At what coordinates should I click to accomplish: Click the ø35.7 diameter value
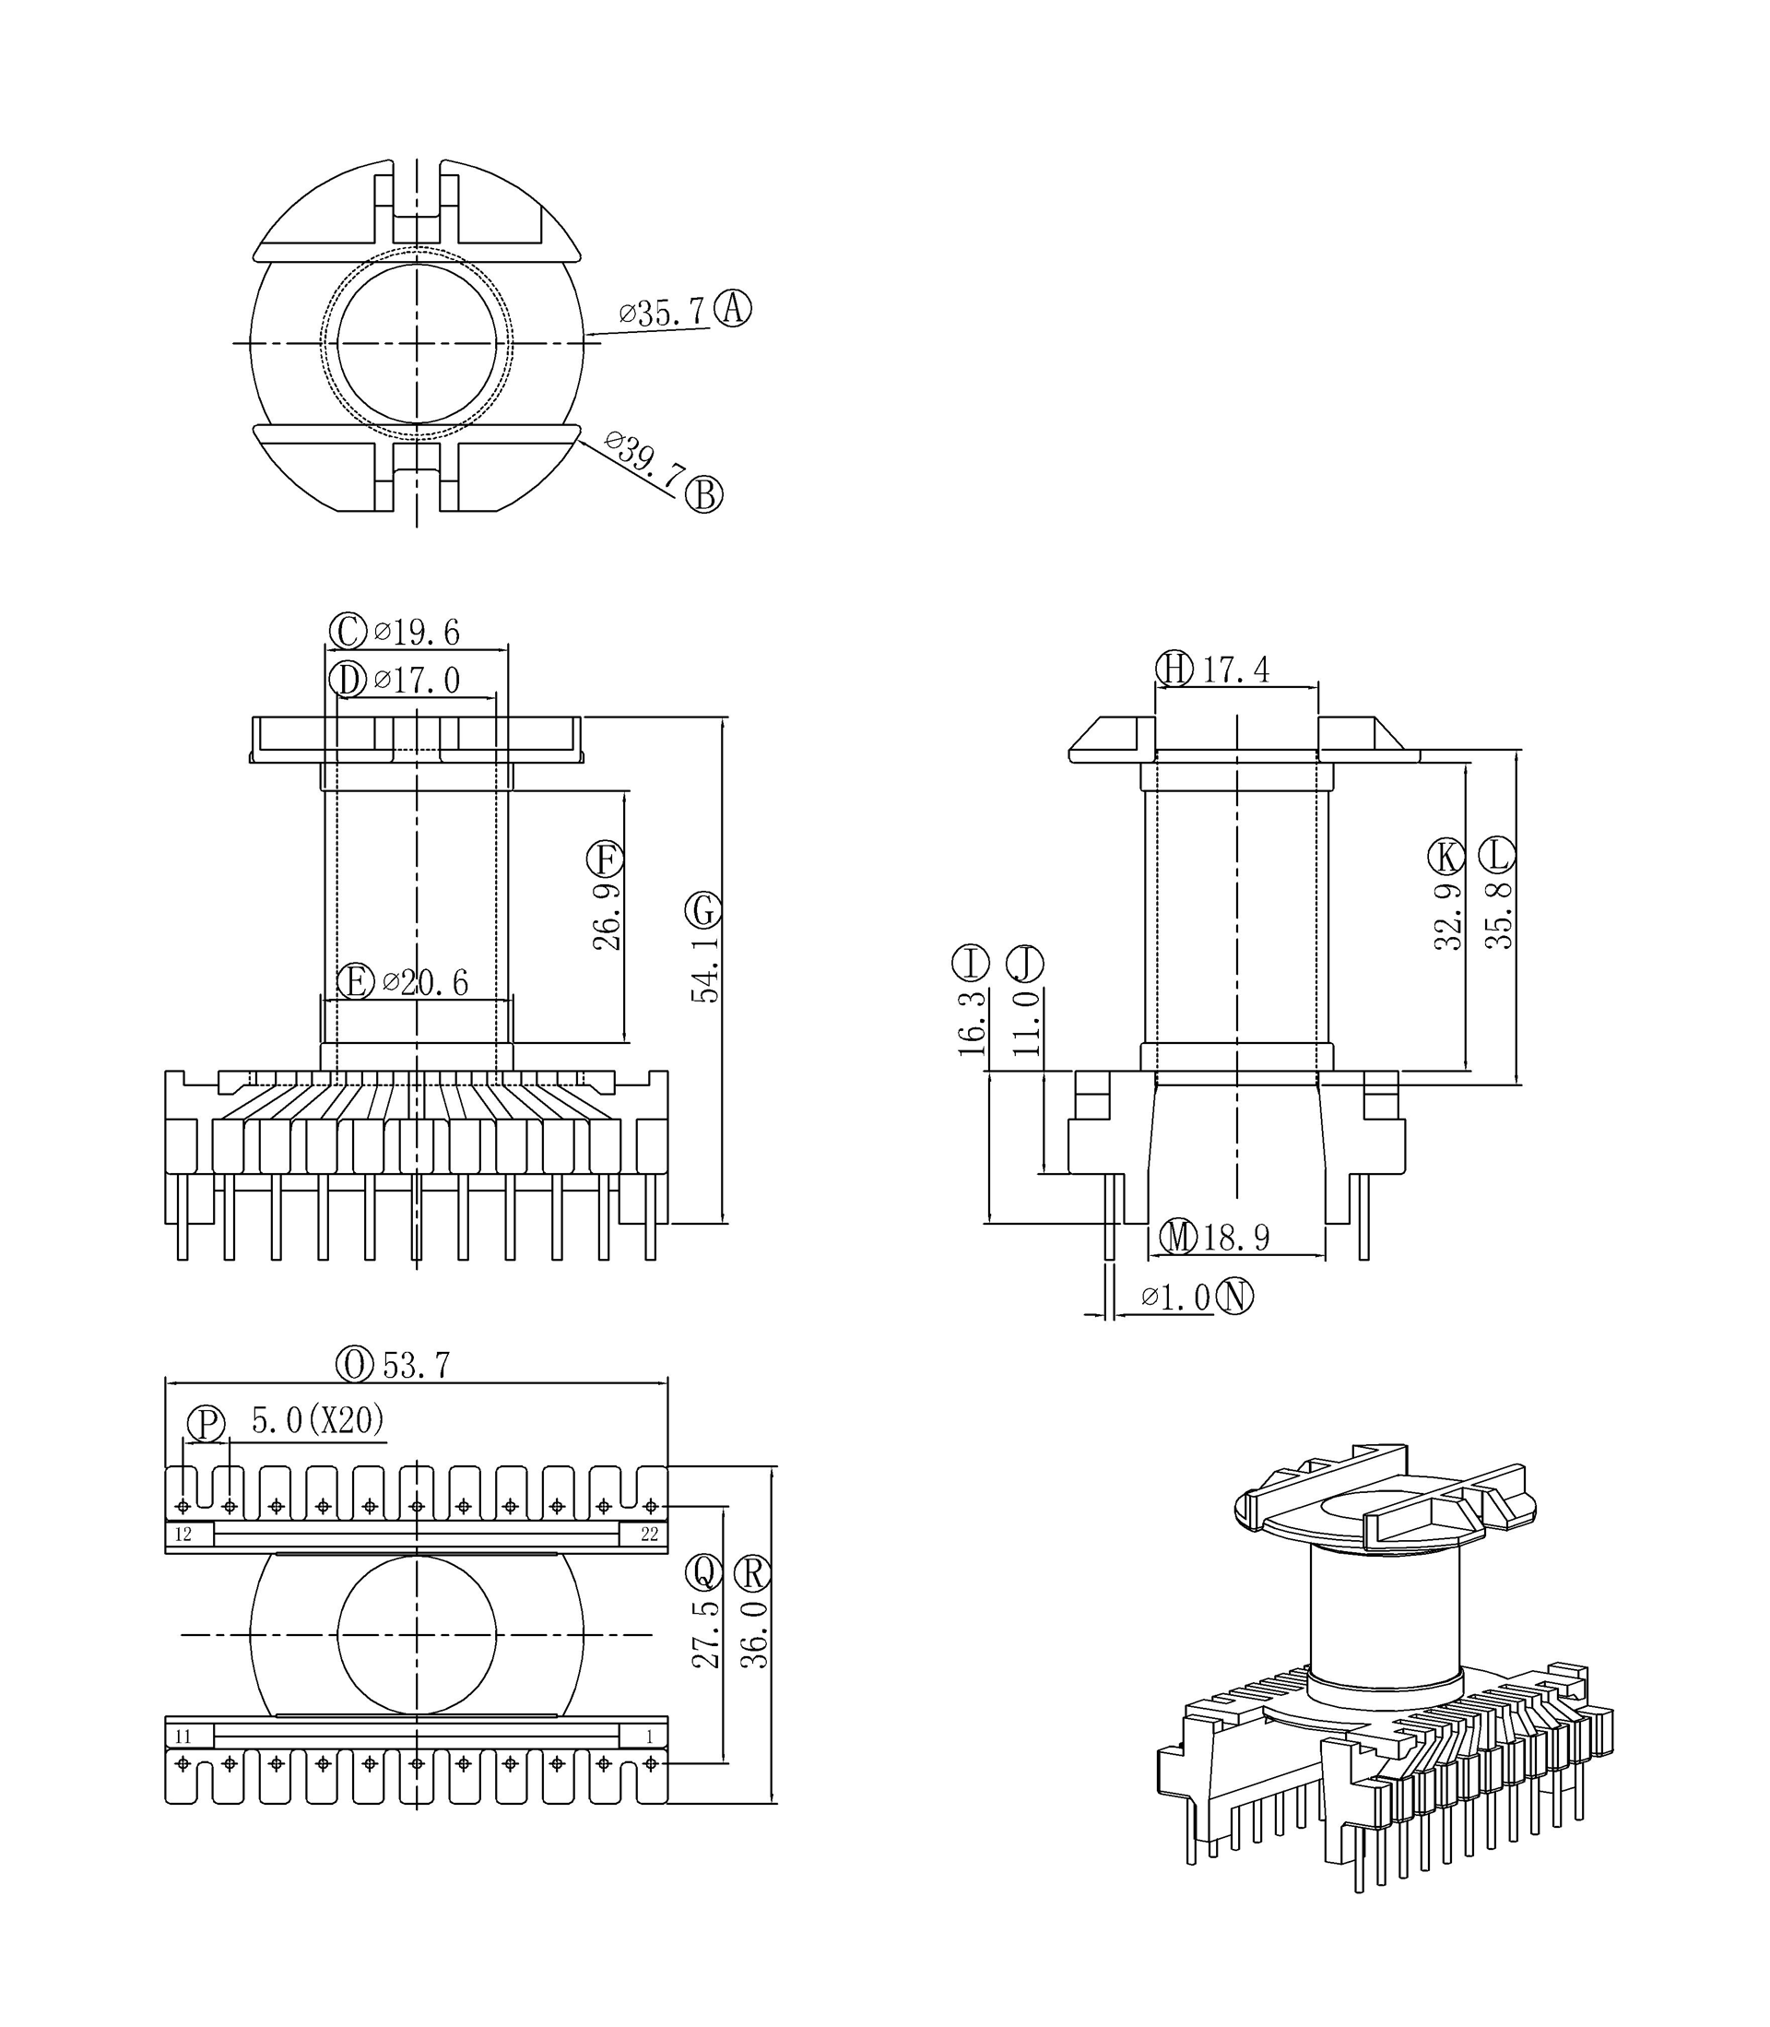662,314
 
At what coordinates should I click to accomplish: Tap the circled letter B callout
704,494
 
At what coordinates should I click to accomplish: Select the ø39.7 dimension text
643,458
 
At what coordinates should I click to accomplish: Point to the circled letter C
348,631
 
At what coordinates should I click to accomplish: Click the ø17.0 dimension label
416,680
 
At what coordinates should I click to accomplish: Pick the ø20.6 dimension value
425,983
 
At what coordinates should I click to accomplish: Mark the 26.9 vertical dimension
607,916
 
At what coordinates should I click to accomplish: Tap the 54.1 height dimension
705,972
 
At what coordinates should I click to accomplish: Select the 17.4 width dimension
1234,670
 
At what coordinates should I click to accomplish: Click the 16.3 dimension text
972,1024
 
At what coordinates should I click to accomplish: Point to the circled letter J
1025,963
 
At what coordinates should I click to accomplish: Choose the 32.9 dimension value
1448,916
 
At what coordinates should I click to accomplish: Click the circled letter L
1498,855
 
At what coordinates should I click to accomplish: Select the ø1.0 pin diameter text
1175,1297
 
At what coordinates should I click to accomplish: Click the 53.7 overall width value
416,1366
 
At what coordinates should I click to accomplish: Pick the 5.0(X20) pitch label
318,1420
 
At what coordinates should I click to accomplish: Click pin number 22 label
649,1534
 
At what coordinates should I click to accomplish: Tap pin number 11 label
183,1737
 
